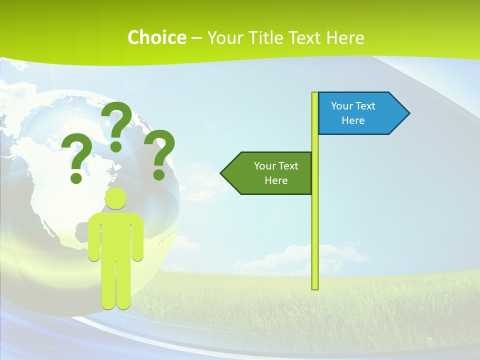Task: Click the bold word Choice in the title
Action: coord(156,37)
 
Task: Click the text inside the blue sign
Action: coord(353,113)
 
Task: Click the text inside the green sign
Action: coord(276,173)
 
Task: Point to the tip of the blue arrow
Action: coord(409,113)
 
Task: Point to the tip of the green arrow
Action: coord(221,173)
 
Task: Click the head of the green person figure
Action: coord(116,199)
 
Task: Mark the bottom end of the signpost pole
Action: coord(315,288)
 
